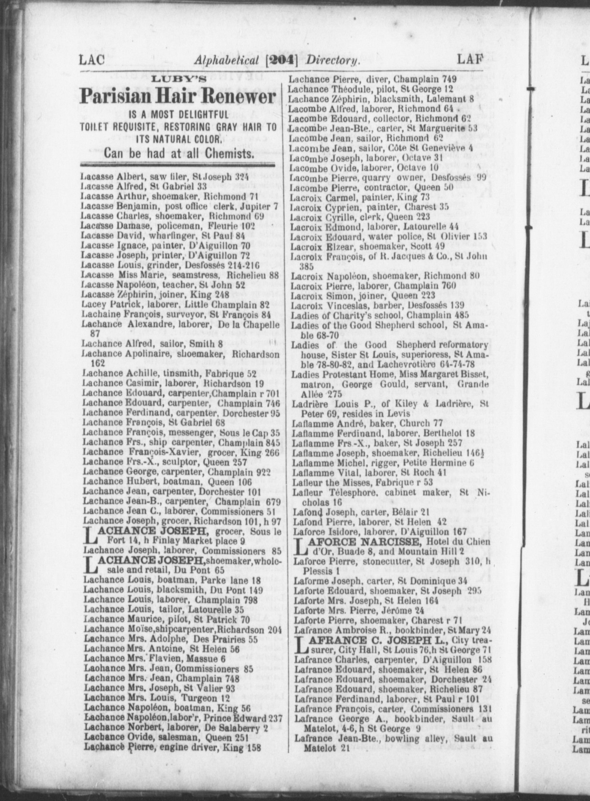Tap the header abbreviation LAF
tap(470, 59)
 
